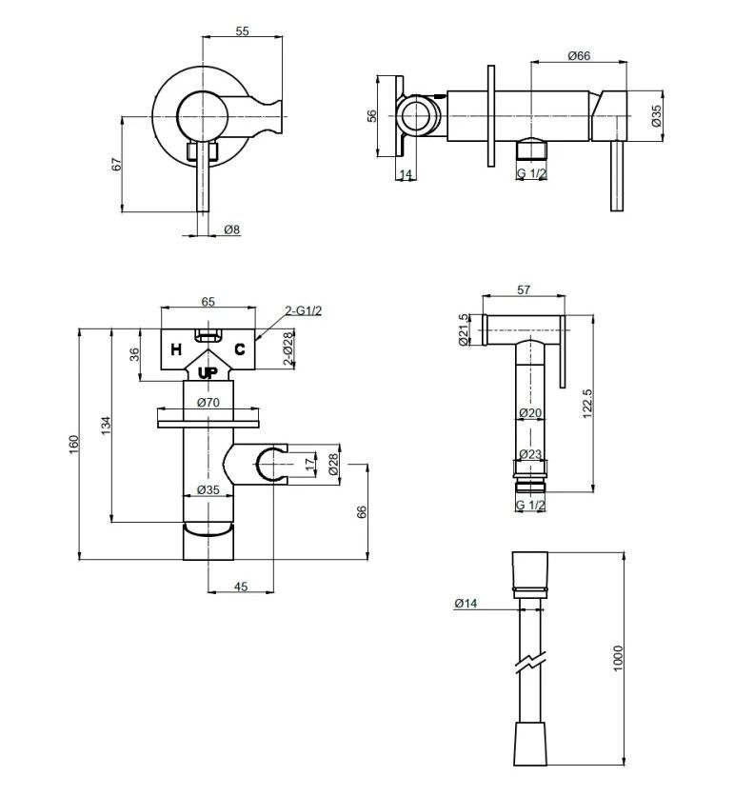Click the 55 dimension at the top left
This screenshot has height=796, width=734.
point(243,31)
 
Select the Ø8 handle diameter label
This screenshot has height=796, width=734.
point(231,229)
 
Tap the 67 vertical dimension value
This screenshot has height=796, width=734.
point(117,164)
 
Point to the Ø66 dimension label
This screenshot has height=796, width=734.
point(579,55)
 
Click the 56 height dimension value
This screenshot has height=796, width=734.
point(372,116)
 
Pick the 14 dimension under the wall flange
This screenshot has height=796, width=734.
point(406,174)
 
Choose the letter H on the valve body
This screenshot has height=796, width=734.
point(176,349)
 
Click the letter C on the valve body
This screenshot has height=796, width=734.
point(240,349)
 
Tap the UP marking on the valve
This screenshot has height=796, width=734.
point(208,373)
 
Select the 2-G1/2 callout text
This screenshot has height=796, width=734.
point(303,310)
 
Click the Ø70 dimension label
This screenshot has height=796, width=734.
point(208,403)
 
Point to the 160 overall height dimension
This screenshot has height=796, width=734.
point(74,445)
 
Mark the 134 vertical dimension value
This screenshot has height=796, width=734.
point(106,426)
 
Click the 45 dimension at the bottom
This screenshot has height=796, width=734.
point(241,587)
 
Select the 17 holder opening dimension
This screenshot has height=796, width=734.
point(310,464)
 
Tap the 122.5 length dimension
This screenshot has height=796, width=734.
point(587,404)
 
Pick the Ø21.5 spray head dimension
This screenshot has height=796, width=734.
point(463,329)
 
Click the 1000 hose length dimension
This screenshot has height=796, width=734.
point(618,659)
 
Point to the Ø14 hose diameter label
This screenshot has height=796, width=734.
point(466,603)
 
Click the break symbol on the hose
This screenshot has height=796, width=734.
point(530,663)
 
